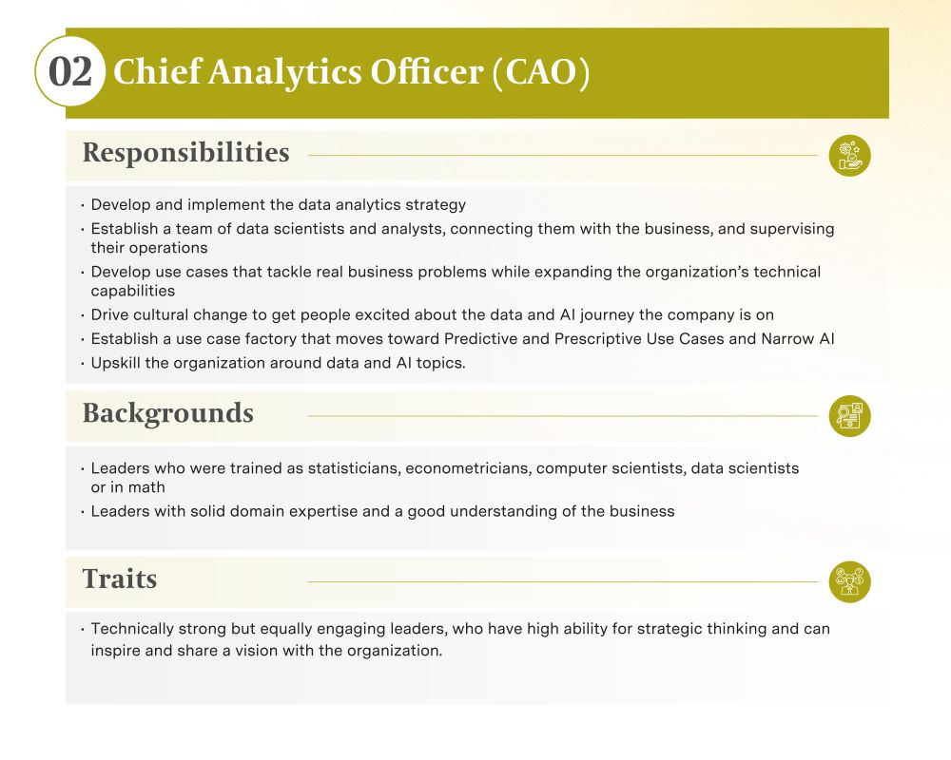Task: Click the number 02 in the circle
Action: point(70,71)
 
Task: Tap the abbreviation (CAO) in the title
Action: point(540,73)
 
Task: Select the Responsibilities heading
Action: point(185,153)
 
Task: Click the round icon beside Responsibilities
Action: point(849,156)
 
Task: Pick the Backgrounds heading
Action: point(168,414)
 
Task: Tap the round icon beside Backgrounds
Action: point(849,416)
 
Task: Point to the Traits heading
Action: point(120,579)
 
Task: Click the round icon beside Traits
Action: point(849,581)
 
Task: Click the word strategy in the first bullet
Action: point(436,205)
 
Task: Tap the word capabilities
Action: point(133,291)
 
